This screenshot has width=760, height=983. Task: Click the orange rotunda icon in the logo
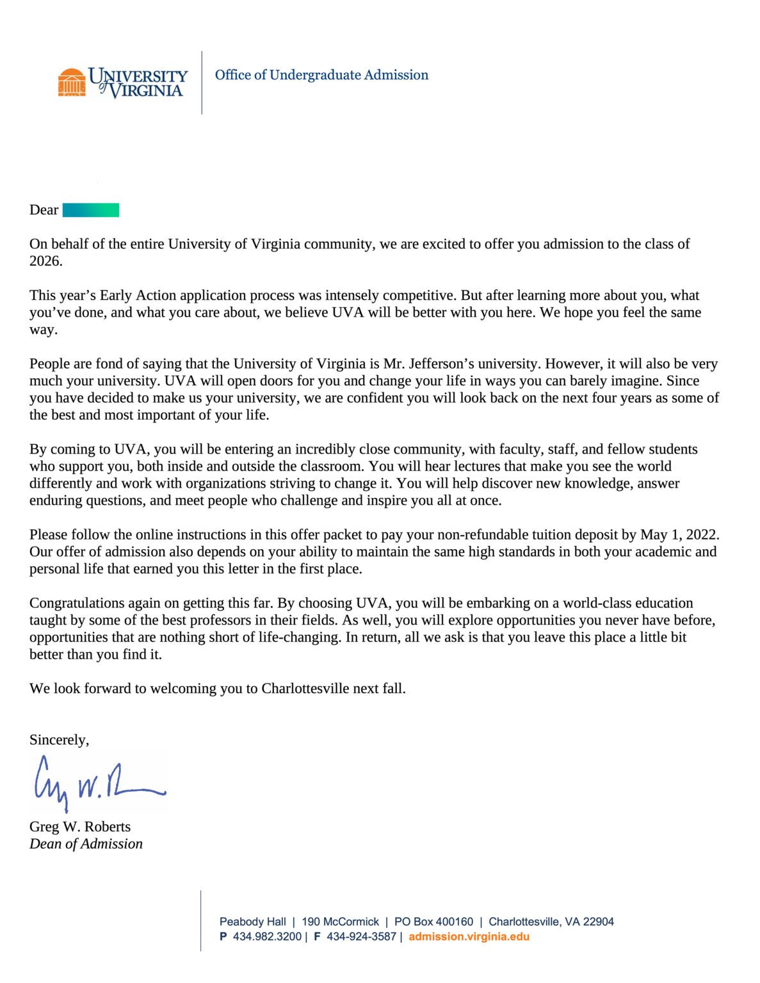(72, 83)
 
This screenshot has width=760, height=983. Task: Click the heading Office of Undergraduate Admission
(321, 75)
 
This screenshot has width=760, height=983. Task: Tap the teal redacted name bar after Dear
(90, 210)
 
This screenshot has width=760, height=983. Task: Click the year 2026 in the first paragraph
(45, 261)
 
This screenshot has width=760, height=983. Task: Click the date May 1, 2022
(680, 535)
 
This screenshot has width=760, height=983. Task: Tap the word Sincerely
(59, 740)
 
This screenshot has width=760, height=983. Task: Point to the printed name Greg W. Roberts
(80, 827)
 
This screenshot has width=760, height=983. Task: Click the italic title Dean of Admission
(86, 844)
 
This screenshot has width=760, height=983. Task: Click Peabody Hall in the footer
(252, 922)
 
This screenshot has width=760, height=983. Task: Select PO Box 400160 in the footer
(433, 922)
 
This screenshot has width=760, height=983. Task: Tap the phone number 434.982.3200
(266, 937)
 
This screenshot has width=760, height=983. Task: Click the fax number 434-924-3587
(361, 937)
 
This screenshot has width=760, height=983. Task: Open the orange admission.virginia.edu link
(469, 937)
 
